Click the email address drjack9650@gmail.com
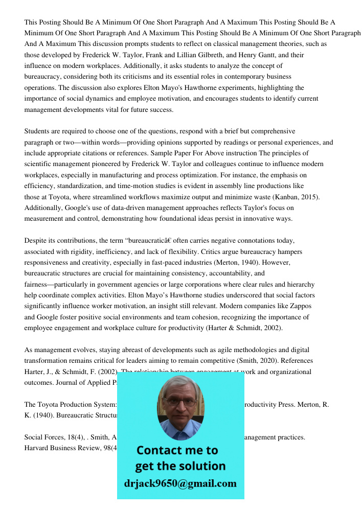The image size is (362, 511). point(180,483)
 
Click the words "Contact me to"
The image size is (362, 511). point(177,450)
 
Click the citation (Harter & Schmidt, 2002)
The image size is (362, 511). point(244,328)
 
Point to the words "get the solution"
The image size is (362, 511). point(180,466)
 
